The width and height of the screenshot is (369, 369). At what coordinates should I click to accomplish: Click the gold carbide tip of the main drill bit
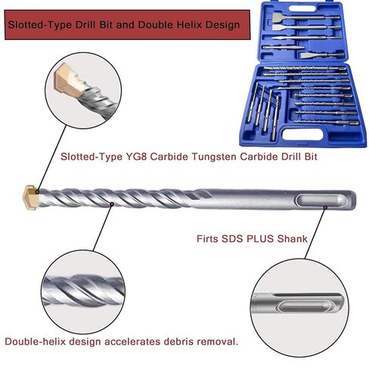click(31, 197)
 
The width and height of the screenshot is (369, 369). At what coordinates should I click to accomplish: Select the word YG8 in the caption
click(136, 157)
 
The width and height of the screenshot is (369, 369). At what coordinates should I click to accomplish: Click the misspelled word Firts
click(207, 238)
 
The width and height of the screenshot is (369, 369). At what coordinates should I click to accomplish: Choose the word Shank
click(293, 238)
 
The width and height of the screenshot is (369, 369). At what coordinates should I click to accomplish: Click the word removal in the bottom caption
click(216, 342)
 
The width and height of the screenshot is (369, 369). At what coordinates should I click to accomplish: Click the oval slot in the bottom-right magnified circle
click(304, 308)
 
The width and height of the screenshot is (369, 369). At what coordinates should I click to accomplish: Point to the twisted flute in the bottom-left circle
click(83, 290)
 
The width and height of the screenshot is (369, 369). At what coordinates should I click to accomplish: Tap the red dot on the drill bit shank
click(325, 207)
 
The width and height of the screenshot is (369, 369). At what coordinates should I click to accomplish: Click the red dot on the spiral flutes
click(112, 204)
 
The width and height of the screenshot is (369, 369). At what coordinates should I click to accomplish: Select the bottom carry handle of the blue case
click(302, 134)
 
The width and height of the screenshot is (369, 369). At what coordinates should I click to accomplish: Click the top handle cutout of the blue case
click(302, 8)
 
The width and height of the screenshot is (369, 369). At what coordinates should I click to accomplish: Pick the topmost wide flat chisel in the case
click(305, 18)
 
